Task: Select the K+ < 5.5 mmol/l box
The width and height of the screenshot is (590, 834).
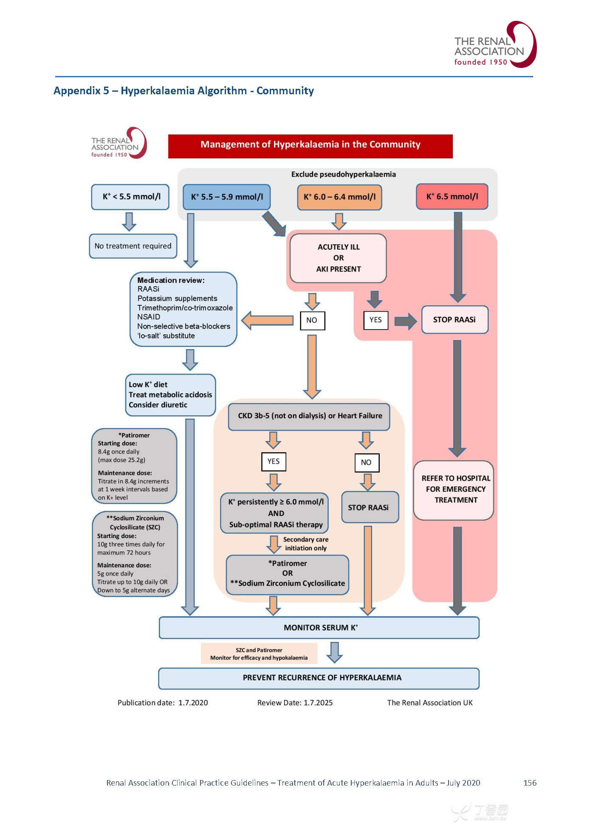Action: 130,197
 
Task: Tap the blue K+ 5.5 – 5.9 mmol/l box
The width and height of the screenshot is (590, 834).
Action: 227,197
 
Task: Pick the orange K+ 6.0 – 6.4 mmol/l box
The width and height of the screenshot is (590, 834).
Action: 339,197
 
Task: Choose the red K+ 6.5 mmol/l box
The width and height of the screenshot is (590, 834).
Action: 452,197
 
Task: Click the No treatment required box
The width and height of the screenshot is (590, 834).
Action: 133,246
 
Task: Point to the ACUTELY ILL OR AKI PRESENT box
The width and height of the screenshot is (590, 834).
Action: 338,258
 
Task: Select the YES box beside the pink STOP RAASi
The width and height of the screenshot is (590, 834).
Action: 375,320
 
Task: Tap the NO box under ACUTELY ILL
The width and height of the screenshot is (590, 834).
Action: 312,321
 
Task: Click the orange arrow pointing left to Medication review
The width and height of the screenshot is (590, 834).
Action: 268,320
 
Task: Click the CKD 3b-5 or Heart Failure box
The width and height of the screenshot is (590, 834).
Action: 309,416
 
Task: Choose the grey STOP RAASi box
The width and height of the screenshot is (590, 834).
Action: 368,507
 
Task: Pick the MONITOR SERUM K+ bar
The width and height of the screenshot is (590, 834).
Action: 319,628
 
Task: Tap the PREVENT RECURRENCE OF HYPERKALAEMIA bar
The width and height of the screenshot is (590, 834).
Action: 319,678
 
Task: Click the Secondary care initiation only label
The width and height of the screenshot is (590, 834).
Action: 306,544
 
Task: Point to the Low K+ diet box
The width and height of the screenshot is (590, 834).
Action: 170,395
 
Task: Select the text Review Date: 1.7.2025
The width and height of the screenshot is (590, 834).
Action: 295,703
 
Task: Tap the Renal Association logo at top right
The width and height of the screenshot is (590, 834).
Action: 494,45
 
